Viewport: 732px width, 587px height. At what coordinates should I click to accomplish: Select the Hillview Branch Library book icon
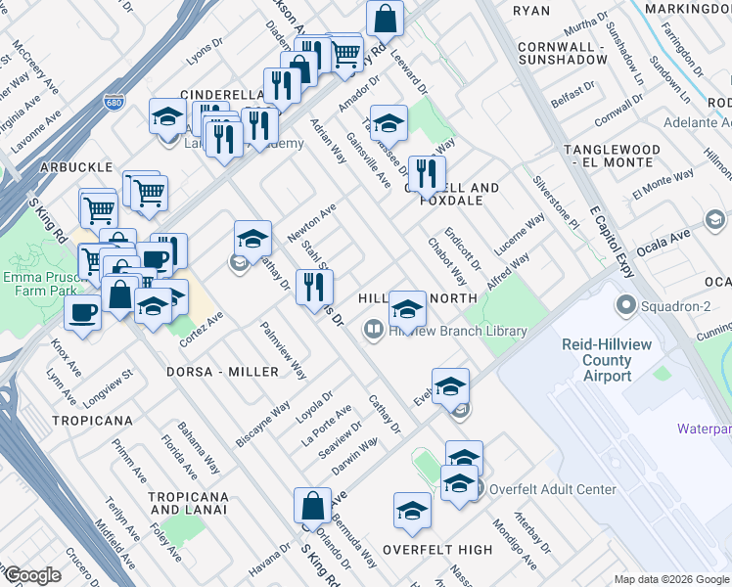[x=372, y=331]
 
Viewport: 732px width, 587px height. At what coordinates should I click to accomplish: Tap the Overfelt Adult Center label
[x=553, y=489]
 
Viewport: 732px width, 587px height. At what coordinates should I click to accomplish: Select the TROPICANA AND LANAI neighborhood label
[x=188, y=503]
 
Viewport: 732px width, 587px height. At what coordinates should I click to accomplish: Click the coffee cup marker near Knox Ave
[x=82, y=313]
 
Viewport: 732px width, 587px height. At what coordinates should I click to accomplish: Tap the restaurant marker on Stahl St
[x=314, y=287]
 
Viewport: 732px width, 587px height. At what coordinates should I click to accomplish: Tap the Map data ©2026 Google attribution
[x=671, y=579]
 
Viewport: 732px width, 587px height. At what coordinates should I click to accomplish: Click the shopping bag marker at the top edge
[x=386, y=17]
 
